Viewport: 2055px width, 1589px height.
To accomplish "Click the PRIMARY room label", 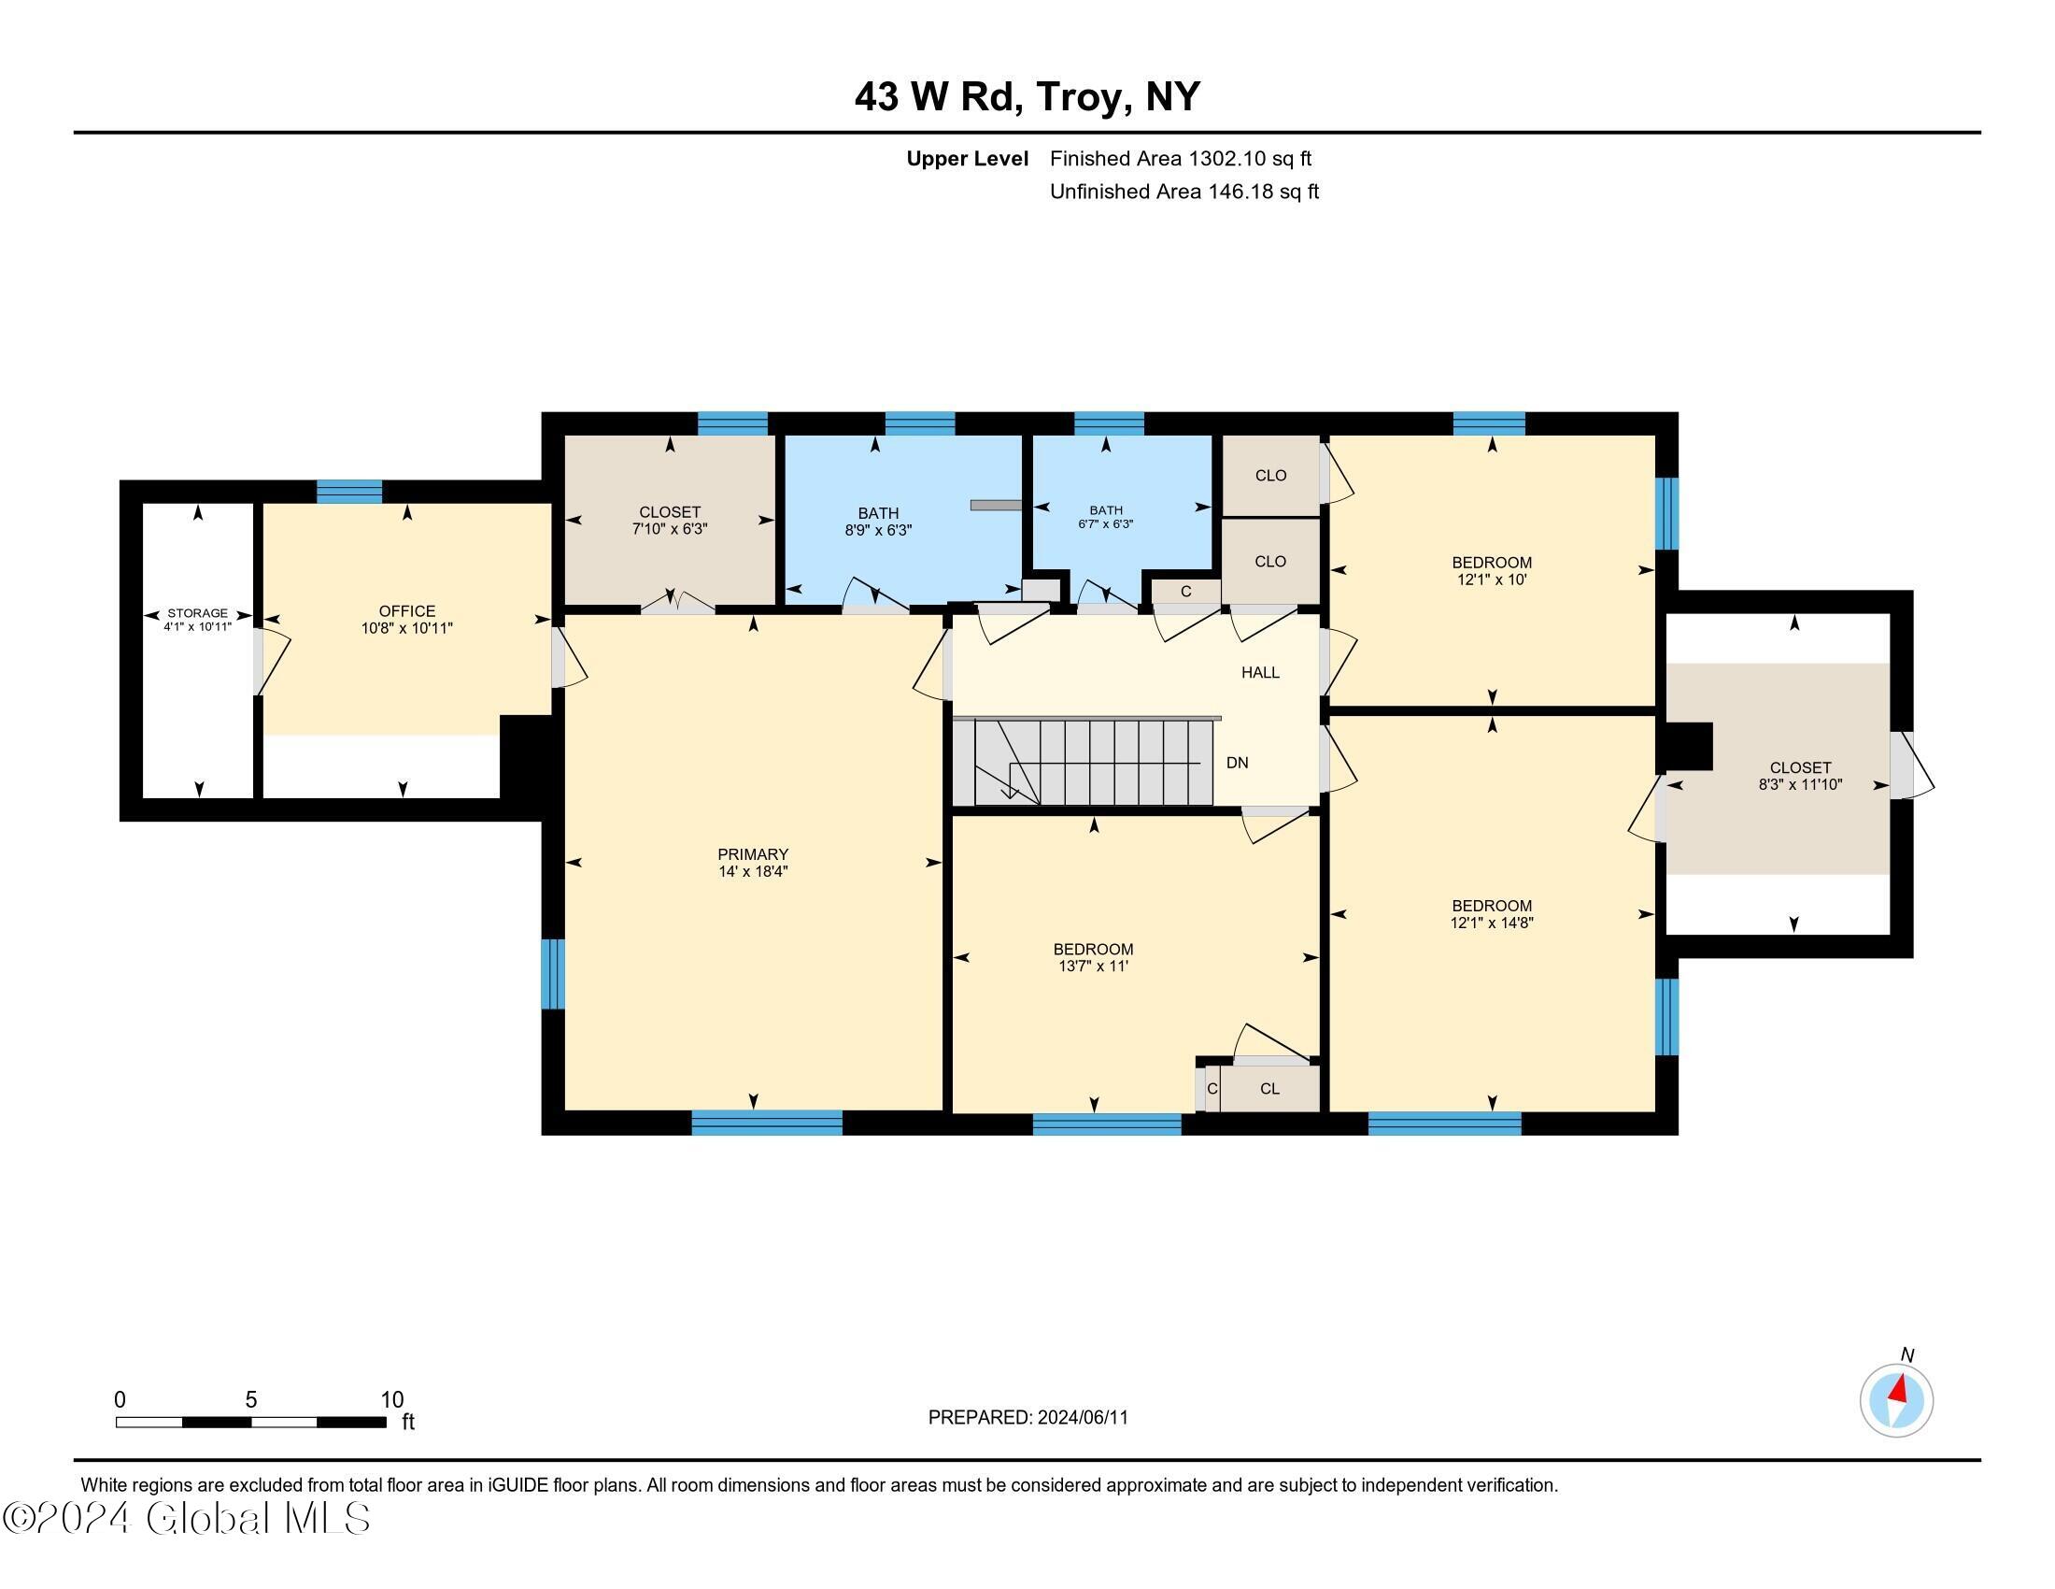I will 752,853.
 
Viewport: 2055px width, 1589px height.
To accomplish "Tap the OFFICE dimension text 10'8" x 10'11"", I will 406,629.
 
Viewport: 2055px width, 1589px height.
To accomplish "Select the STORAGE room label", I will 198,613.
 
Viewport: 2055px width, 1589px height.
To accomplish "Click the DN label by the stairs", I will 1237,763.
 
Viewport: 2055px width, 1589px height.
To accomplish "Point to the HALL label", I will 1260,672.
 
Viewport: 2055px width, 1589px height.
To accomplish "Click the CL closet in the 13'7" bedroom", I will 1269,1088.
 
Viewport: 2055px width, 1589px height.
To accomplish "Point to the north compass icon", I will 1896,1401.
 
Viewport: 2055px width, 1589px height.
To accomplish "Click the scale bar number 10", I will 391,1400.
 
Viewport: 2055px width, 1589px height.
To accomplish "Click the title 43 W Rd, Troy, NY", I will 1027,96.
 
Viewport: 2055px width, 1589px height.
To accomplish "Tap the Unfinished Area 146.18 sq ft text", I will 1183,192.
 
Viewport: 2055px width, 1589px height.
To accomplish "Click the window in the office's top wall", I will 349,492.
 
